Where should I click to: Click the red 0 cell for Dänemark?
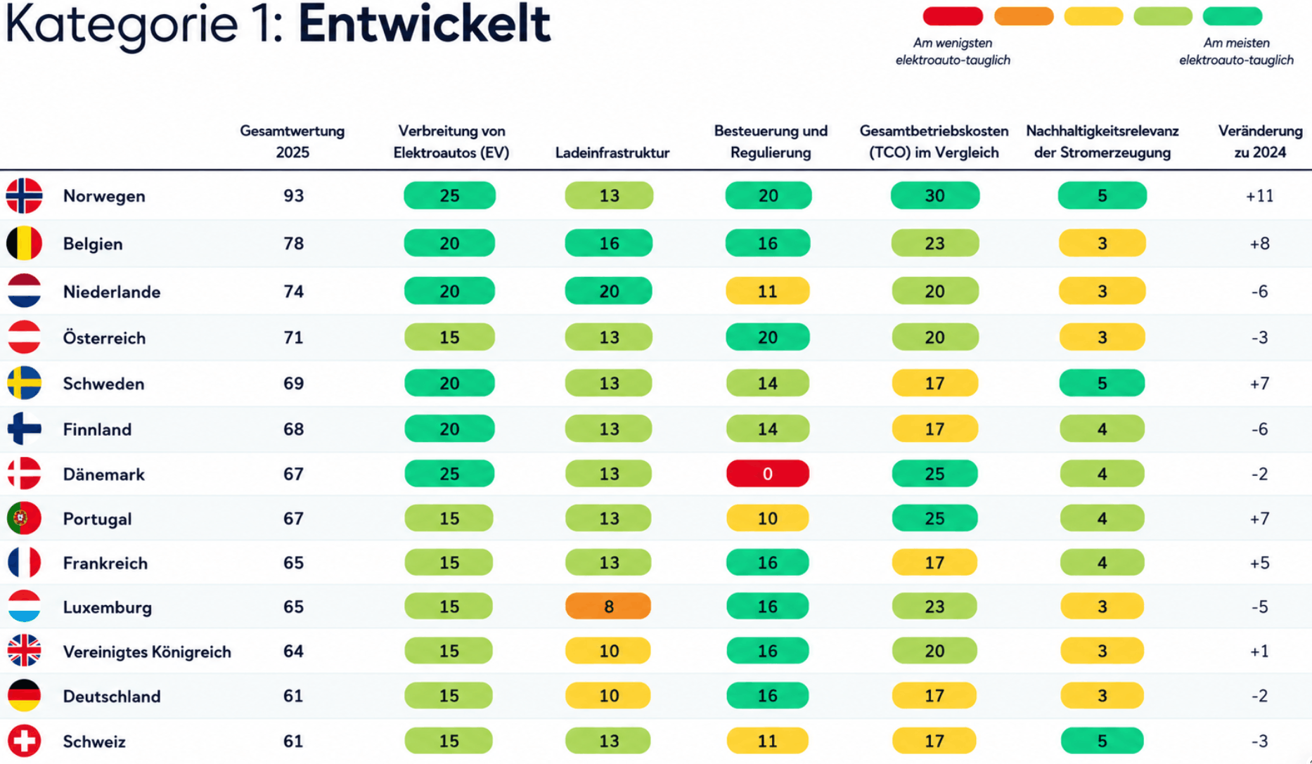(768, 474)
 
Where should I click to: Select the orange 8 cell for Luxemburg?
(608, 607)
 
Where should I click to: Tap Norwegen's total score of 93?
(294, 195)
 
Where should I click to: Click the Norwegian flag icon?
(25, 195)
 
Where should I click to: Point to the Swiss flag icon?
(25, 741)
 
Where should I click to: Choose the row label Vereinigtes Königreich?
(147, 652)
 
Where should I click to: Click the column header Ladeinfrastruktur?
(612, 153)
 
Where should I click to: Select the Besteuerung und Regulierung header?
(771, 141)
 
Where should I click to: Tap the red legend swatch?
(953, 16)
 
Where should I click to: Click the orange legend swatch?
(1024, 16)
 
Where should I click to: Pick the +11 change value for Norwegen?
(1259, 196)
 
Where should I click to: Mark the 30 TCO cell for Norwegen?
(934, 195)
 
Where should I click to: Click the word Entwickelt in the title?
(424, 24)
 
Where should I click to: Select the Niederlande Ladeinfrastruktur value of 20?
(608, 291)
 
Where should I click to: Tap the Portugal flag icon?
(25, 519)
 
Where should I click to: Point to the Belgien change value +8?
(1259, 244)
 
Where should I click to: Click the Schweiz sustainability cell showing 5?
(1102, 741)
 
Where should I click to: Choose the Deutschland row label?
(112, 697)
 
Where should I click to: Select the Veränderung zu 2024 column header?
(1260, 141)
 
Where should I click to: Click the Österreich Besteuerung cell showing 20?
(768, 337)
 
